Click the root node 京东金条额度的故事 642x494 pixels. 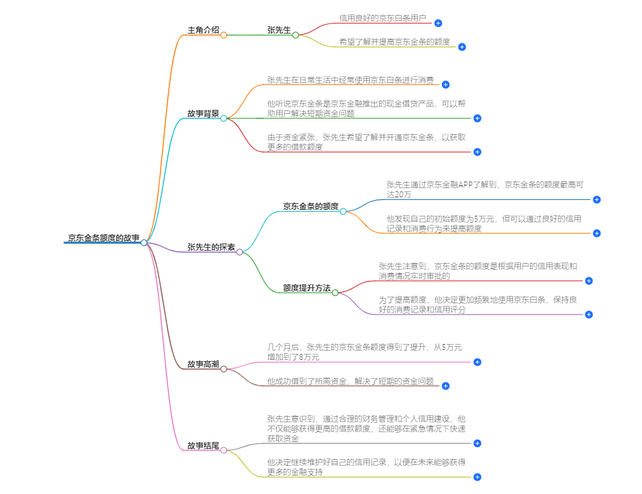click(x=103, y=238)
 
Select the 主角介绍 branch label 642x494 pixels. click(x=203, y=30)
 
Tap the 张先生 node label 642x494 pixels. click(x=279, y=30)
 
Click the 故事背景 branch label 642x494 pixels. click(x=203, y=114)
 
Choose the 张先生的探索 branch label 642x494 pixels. click(x=210, y=247)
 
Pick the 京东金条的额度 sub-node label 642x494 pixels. click(x=310, y=207)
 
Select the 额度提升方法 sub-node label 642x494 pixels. click(x=307, y=288)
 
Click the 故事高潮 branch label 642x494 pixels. click(x=203, y=364)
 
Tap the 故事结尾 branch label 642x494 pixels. click(x=203, y=446)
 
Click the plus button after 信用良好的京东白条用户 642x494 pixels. click(x=438, y=23)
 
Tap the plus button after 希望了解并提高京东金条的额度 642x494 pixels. click(x=462, y=47)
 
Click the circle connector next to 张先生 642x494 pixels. click(x=295, y=35)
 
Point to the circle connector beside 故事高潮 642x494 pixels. click(x=224, y=369)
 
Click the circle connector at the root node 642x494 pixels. click(x=144, y=243)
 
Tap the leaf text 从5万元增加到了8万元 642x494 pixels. click(x=364, y=352)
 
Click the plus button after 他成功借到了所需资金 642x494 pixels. click(x=445, y=385)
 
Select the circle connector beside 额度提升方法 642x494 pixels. click(x=335, y=293)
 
